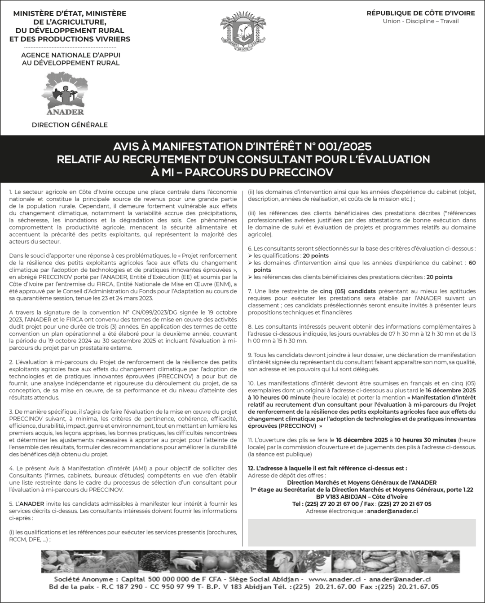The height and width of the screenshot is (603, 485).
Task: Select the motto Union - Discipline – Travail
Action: pos(420,21)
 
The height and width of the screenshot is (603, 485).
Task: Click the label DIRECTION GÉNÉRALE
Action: pos(70,125)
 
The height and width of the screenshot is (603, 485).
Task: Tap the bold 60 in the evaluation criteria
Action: pos(472,263)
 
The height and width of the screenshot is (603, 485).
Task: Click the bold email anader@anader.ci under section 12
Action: pos(392,511)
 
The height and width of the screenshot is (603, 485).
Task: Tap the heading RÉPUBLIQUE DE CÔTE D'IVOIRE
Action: pos(420,13)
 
